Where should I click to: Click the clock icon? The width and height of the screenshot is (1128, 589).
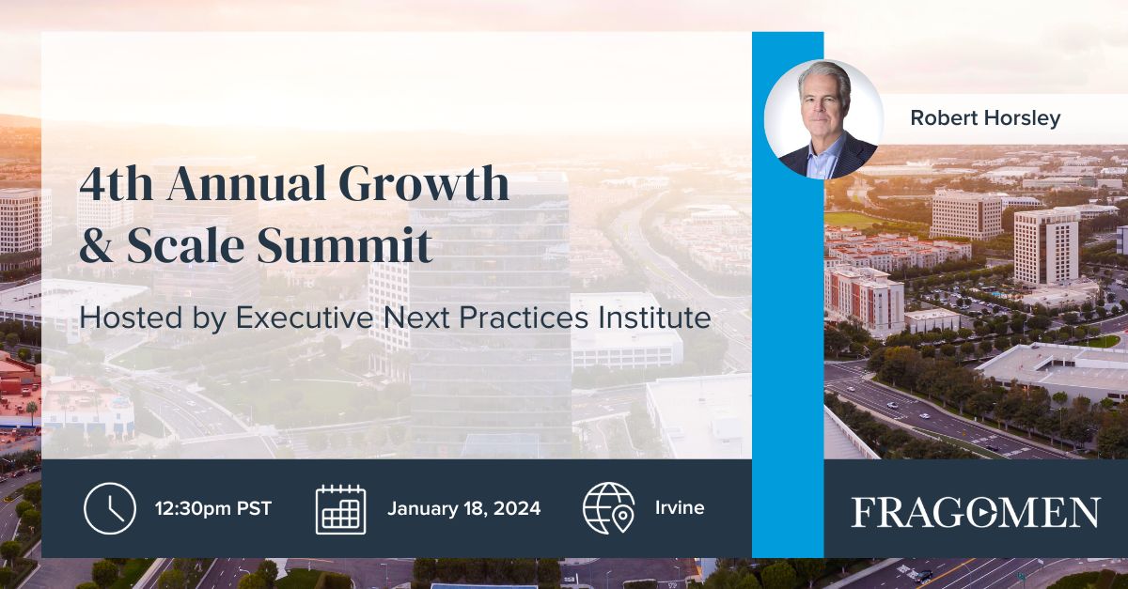[x=110, y=508]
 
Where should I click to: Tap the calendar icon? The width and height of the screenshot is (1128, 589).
[x=340, y=509]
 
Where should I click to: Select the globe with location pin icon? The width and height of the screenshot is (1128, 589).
[x=608, y=508]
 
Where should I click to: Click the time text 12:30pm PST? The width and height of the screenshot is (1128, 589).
[x=213, y=509]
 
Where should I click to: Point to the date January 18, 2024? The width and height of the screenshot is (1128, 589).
[x=463, y=509]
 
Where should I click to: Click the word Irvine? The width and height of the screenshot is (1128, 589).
[x=680, y=509]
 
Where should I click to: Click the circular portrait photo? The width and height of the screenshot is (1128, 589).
[x=824, y=119]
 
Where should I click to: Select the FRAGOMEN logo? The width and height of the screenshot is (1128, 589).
[x=975, y=513]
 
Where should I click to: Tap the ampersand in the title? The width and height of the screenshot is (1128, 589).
[x=96, y=245]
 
